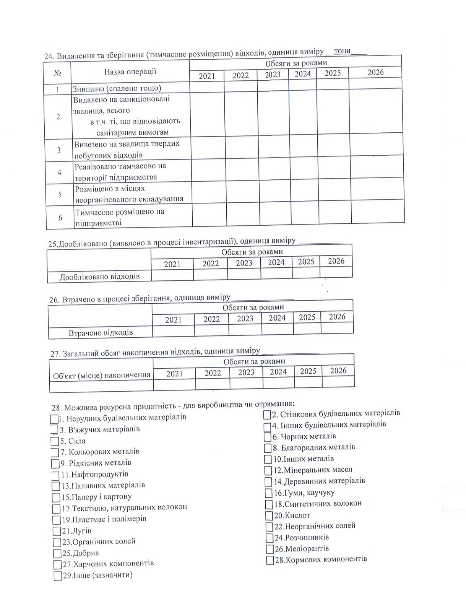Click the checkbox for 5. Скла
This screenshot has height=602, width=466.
[54, 441]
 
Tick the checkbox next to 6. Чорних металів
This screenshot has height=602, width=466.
[268, 437]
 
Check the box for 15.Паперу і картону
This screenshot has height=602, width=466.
[56, 498]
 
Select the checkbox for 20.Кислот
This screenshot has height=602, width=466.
[269, 516]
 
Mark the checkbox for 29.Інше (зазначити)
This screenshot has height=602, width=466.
[58, 576]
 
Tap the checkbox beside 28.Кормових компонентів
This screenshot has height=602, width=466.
[270, 560]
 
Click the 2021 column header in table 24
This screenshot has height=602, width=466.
[207, 76]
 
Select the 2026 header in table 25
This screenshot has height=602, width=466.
[336, 261]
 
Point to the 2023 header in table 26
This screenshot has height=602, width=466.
[245, 319]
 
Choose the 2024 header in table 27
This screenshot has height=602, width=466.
[278, 372]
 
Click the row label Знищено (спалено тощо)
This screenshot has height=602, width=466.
[117, 88]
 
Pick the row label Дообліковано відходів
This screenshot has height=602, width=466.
[99, 276]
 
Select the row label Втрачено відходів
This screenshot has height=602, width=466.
[101, 332]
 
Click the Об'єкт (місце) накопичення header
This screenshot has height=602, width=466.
[101, 374]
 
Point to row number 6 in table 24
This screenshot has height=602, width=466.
[60, 218]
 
